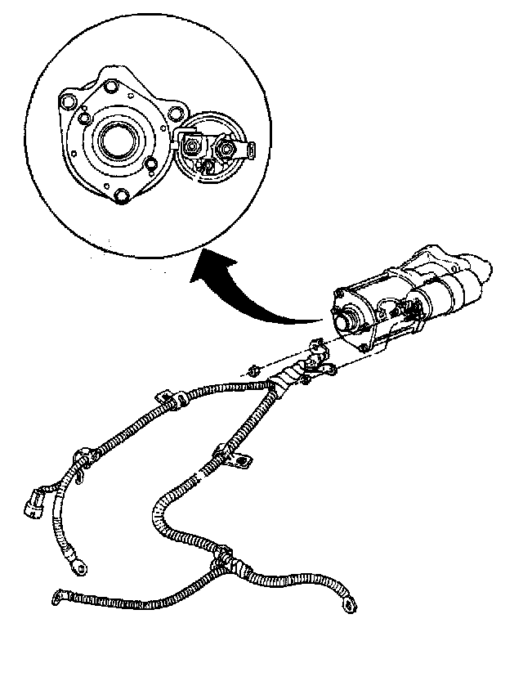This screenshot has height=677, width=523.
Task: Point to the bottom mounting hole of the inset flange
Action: [x=122, y=196]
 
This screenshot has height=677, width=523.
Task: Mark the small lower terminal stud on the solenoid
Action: [x=208, y=165]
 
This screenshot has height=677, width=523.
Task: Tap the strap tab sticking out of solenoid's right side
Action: [x=249, y=149]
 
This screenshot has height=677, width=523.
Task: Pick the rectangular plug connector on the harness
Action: [x=34, y=502]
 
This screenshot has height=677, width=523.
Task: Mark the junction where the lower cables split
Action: [x=222, y=563]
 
